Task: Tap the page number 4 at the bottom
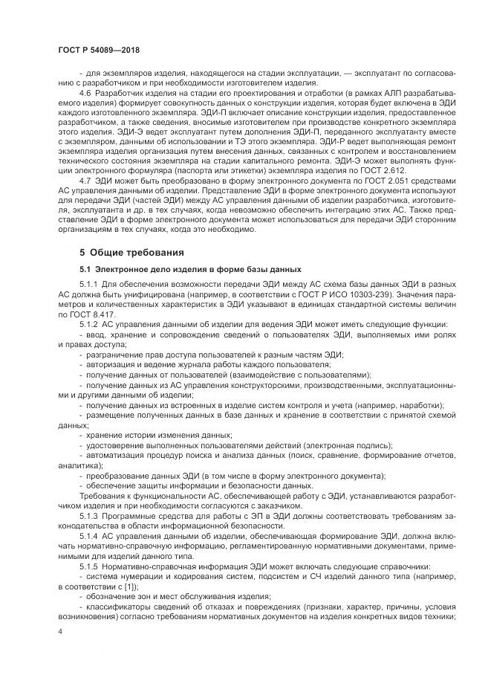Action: [x=59, y=630]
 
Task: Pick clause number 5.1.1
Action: [x=89, y=285]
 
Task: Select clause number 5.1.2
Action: [x=89, y=324]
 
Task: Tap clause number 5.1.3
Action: [x=89, y=514]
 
